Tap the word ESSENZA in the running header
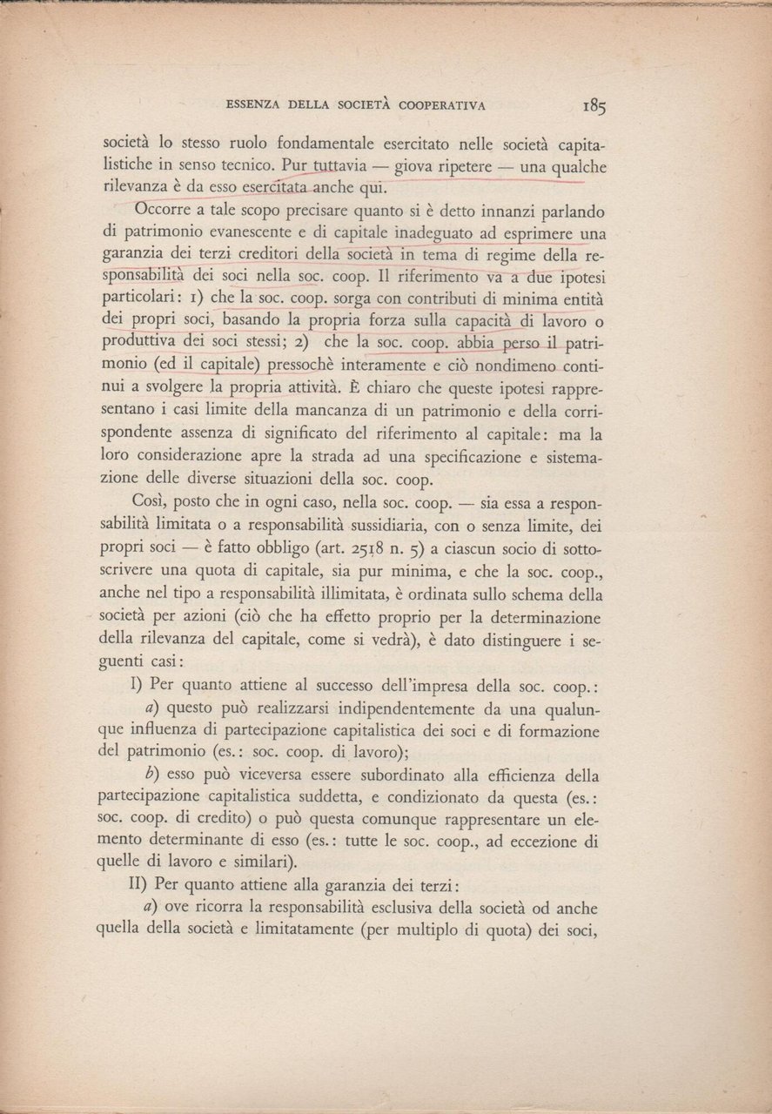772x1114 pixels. [252, 106]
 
